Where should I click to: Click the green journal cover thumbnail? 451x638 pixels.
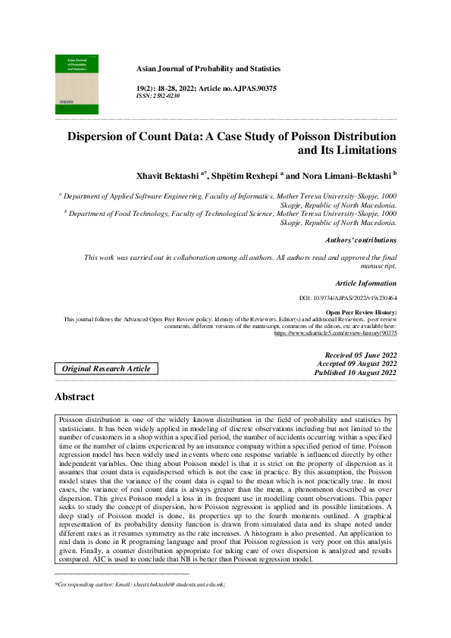click(x=77, y=84)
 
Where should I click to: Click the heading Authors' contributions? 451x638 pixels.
click(x=360, y=240)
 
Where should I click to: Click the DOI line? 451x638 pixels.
click(x=349, y=299)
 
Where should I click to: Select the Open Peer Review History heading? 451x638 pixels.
click(x=361, y=312)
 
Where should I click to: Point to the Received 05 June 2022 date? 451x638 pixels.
click(x=360, y=355)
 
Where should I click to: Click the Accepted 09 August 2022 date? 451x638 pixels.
click(x=357, y=364)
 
